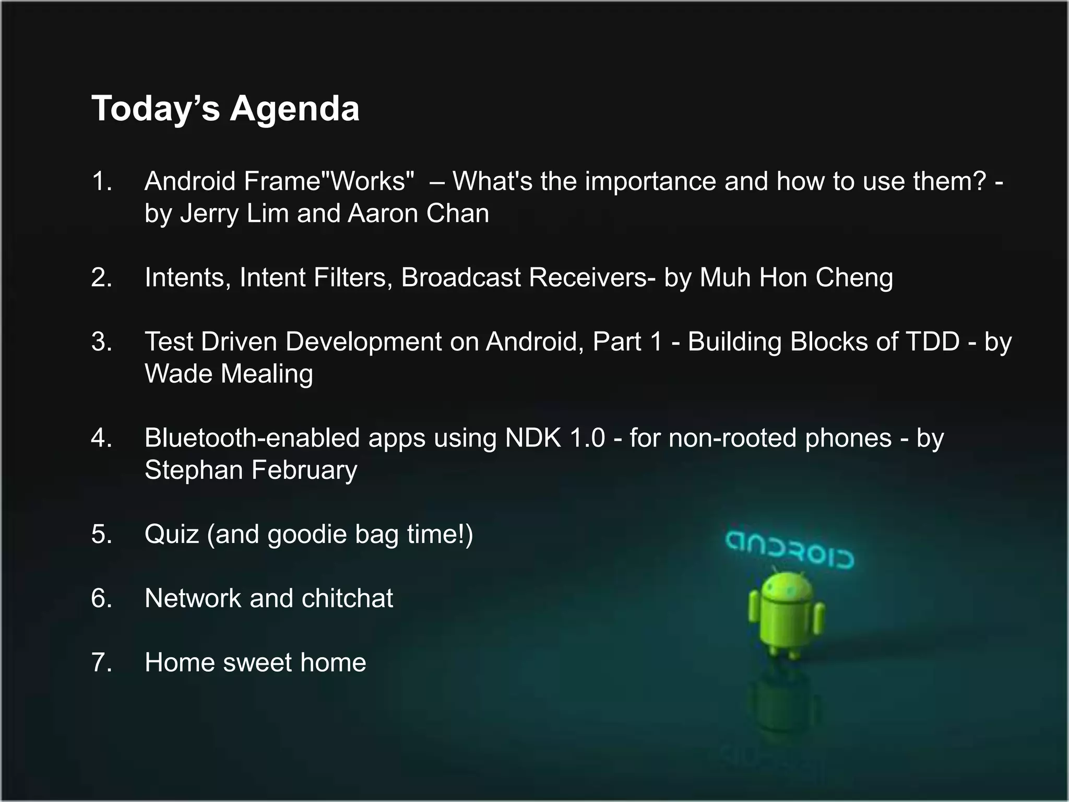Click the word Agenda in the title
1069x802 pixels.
(294, 109)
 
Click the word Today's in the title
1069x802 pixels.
(156, 109)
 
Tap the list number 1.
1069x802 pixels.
(101, 181)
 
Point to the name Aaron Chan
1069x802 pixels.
(418, 214)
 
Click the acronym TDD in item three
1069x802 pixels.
(933, 341)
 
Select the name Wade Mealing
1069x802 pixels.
(229, 374)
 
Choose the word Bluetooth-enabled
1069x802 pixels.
(252, 438)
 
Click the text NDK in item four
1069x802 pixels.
(532, 438)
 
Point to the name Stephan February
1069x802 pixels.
(251, 470)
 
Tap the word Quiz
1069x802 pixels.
(172, 534)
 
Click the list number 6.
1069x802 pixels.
(101, 598)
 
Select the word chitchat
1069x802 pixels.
(347, 598)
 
